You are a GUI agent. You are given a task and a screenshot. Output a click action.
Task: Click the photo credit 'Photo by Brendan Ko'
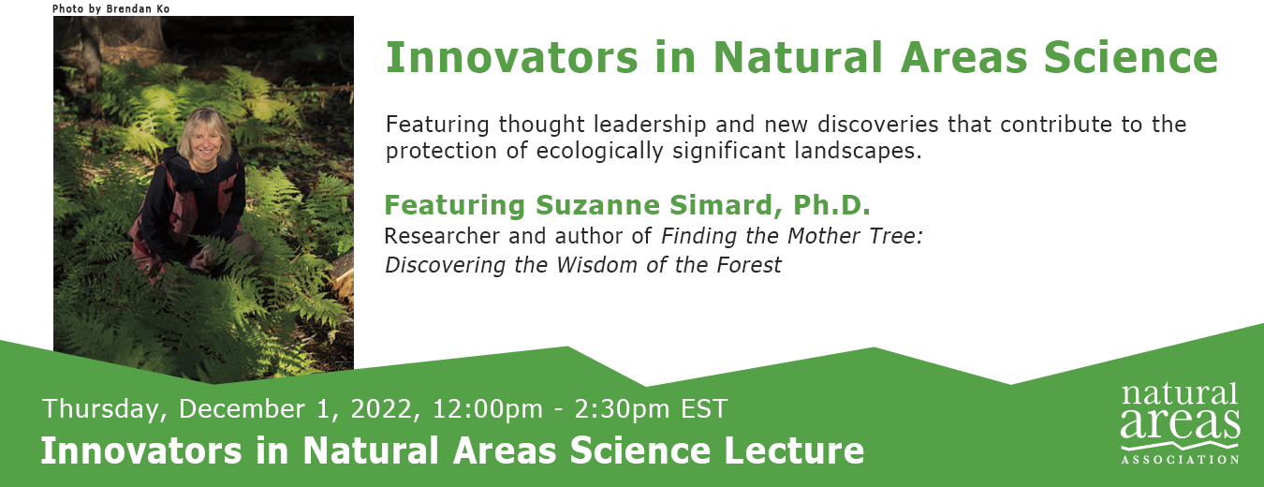(x=110, y=8)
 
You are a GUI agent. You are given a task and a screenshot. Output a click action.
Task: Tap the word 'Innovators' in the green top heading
(x=512, y=57)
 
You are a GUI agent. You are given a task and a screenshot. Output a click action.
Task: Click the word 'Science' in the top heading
(x=1131, y=57)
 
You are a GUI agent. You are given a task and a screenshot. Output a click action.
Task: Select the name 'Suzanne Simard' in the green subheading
(x=658, y=205)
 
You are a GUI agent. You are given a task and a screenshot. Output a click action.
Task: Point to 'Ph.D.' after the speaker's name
(x=831, y=205)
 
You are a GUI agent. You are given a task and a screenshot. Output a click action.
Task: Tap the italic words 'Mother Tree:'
(x=855, y=236)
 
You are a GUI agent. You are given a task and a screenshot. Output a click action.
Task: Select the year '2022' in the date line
(x=382, y=408)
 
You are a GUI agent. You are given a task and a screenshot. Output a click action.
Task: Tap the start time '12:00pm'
(x=488, y=409)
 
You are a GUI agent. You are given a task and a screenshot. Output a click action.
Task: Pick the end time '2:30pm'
(x=623, y=409)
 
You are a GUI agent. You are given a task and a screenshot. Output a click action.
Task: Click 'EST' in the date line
(x=704, y=408)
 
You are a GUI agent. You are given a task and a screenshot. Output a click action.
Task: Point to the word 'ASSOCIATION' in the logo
(x=1180, y=459)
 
